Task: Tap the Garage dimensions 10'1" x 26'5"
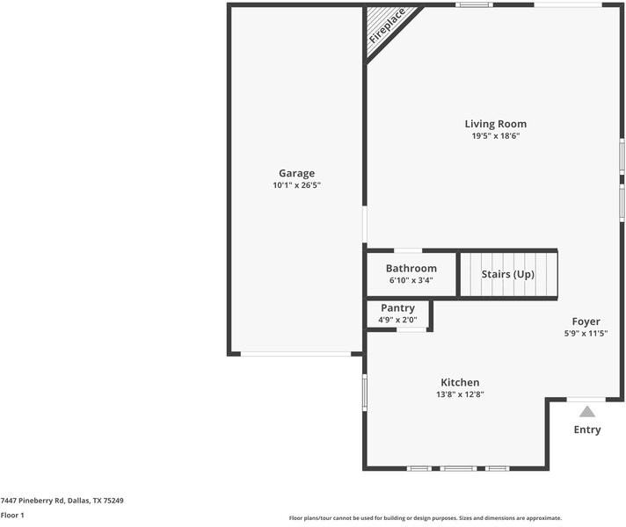[x=296, y=185]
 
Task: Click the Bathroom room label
[x=411, y=268]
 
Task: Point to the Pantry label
[x=397, y=308]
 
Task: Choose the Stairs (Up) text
[x=507, y=274]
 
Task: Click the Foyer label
[x=586, y=321]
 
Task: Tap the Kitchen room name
[x=460, y=382]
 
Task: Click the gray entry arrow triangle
[x=586, y=410]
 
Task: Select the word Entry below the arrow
[x=586, y=430]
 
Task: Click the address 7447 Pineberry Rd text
[x=62, y=501]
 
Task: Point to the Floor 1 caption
[x=12, y=516]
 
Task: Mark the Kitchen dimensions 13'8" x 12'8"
[x=460, y=394]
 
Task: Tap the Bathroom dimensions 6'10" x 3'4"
[x=411, y=280]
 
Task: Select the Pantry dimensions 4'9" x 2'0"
[x=397, y=320]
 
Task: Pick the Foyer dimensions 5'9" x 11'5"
[x=586, y=334]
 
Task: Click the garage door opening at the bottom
[x=295, y=354]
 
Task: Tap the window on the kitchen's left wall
[x=365, y=391]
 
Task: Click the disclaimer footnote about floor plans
[x=425, y=518]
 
